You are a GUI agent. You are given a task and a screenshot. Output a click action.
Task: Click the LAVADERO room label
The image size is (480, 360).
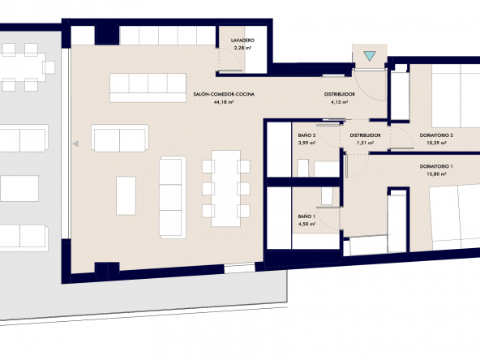(x=242, y=40)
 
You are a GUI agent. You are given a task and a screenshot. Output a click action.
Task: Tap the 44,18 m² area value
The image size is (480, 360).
(x=224, y=102)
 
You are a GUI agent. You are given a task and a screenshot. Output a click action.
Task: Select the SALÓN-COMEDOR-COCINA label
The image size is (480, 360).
(x=224, y=94)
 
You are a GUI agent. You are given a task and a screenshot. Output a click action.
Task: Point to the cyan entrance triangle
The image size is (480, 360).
(x=370, y=56)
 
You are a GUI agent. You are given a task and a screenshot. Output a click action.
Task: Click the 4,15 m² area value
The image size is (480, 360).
(x=340, y=102)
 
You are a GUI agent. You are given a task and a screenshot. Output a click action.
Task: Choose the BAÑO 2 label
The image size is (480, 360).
(x=306, y=135)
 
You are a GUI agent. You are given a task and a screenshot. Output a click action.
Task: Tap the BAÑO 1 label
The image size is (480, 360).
(x=306, y=216)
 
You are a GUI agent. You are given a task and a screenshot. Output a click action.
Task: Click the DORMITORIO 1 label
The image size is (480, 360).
(x=436, y=166)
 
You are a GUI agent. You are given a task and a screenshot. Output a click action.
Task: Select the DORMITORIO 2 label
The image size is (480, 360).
(x=436, y=135)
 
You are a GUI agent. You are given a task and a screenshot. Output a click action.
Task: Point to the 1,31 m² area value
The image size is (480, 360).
(x=365, y=143)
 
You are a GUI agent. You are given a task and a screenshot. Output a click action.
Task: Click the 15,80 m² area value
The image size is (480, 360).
(x=436, y=174)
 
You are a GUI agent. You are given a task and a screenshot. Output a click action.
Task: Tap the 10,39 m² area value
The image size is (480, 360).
(x=436, y=143)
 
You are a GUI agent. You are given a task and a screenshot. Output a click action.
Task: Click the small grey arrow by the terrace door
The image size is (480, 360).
(x=75, y=144)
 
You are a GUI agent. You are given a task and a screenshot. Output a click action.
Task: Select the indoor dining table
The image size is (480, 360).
(x=225, y=188)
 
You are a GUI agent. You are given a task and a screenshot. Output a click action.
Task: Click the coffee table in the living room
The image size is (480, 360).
(x=126, y=195)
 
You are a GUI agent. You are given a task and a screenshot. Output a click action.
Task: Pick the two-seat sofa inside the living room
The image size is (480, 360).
(x=120, y=138)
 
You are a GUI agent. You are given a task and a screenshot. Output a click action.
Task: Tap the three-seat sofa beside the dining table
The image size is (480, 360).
(x=173, y=197)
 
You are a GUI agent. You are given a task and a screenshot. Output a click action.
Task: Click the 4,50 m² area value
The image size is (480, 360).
(x=306, y=224)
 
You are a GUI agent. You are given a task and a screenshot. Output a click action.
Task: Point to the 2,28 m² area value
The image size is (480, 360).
(x=242, y=48)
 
